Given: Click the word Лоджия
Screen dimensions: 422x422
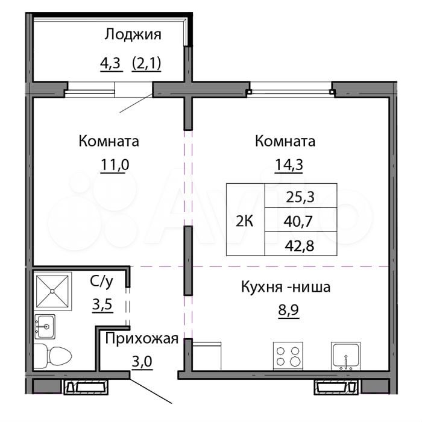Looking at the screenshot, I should click(133, 34).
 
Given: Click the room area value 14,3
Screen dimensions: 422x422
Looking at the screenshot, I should click(285, 165).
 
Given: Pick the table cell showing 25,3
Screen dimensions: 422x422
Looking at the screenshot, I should click(301, 195).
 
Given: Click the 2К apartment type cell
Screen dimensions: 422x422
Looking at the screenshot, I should click(245, 219).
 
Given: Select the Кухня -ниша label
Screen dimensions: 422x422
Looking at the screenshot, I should click(285, 288).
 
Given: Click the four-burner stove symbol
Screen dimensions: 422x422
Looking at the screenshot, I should click(287, 356).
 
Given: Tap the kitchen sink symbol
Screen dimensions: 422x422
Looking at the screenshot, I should click(345, 356).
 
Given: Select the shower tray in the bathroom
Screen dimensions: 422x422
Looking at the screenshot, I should click(53, 291).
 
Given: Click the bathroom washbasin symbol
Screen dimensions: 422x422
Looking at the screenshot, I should click(45, 326).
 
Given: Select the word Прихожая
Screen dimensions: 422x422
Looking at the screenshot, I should click(142, 339).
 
